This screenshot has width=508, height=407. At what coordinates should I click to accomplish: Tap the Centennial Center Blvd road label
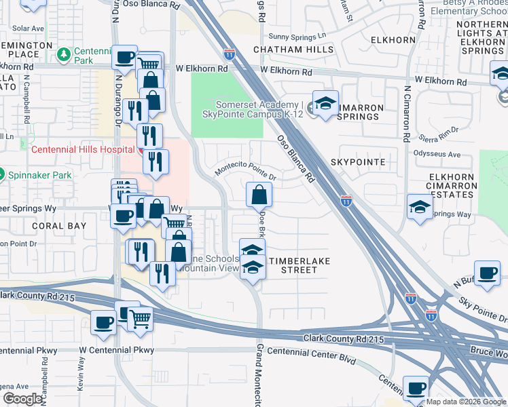pos(312,351)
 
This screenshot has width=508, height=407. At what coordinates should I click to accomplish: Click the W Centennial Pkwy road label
pos(116,350)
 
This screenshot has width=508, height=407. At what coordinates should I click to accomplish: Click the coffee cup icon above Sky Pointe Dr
pos(487,273)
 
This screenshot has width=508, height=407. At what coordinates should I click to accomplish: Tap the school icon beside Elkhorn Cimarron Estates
pos(420,206)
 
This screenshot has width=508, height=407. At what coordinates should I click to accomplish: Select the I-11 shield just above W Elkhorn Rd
pos(230,53)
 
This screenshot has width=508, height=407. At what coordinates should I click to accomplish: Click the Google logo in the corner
pos(22,399)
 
